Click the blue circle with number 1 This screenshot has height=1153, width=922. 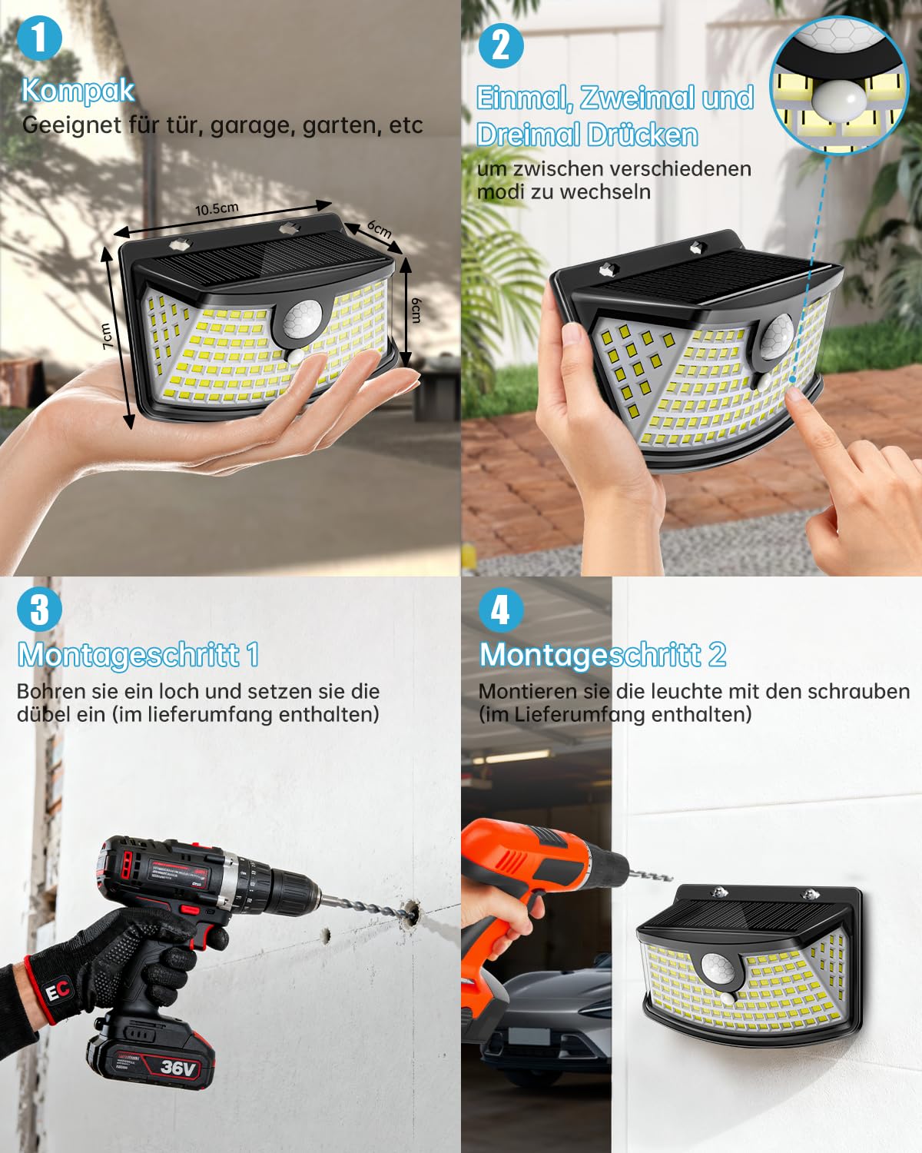click(x=40, y=38)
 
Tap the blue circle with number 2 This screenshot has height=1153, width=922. click(x=500, y=45)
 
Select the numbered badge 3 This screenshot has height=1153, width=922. click(x=40, y=610)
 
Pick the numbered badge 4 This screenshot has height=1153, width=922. click(x=500, y=610)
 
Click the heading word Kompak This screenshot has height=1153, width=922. click(x=78, y=91)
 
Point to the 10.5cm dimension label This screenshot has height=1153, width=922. click(x=217, y=208)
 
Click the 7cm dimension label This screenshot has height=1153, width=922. click(x=106, y=336)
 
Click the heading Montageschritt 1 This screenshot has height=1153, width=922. click(x=138, y=654)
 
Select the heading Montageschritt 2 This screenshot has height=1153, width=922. click(x=602, y=654)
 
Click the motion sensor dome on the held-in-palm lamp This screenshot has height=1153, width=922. click(x=302, y=321)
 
